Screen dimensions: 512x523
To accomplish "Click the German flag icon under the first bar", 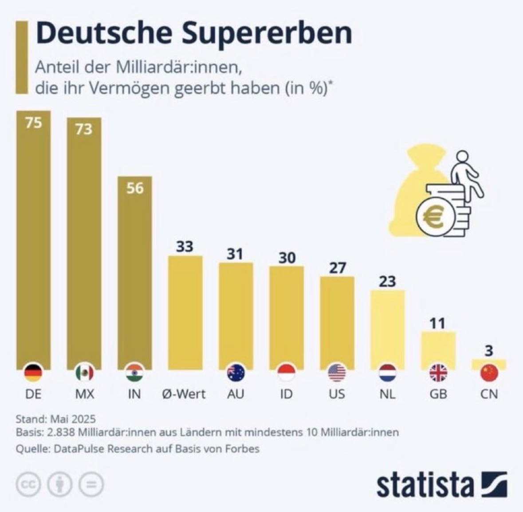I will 33,373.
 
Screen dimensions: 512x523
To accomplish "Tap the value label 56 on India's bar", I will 135,188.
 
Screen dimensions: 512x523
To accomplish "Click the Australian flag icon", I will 236,373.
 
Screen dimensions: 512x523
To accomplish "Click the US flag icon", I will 337,373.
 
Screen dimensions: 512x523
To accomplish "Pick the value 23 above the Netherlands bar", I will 387,282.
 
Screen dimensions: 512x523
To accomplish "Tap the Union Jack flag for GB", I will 438,373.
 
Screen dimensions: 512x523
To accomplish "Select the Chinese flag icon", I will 489,373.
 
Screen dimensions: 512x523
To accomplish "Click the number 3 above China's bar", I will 488,351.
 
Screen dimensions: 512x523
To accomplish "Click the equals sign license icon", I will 91,484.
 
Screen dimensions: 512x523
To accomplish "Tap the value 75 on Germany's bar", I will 34,123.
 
